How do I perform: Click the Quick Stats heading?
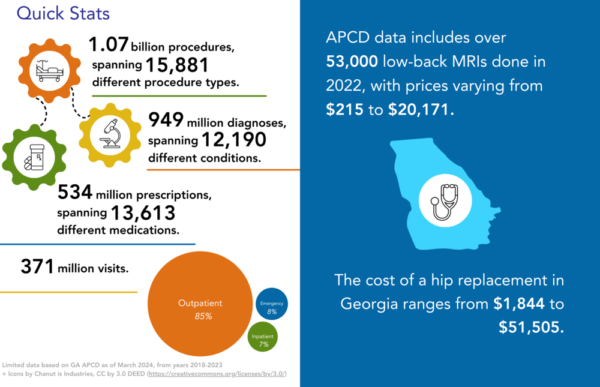[63, 13]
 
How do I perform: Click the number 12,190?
[233, 140]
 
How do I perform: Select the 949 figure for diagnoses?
[166, 121]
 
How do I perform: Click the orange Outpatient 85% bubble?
[200, 309]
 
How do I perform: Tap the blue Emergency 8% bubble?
[272, 307]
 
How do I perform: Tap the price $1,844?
[519, 304]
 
